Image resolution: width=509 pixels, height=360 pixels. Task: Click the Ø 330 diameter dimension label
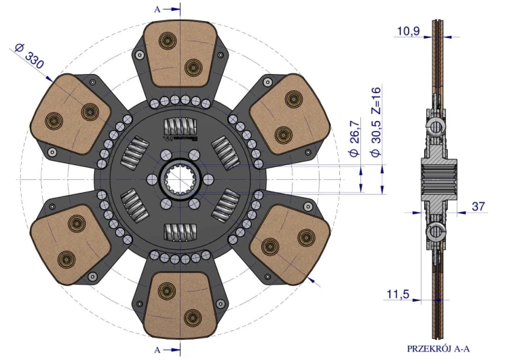(x=29, y=56)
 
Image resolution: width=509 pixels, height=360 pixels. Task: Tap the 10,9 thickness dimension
(x=409, y=31)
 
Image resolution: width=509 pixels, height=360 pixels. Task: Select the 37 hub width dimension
(x=478, y=206)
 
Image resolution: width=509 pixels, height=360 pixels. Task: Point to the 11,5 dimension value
(x=398, y=294)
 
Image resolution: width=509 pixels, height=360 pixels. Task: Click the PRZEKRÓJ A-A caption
(x=438, y=349)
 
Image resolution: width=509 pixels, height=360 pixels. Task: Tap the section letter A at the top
(x=157, y=10)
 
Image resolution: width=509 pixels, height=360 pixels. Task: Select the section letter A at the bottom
(x=157, y=350)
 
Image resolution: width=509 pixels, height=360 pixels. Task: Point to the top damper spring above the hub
(x=180, y=126)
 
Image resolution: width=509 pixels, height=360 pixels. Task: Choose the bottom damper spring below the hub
(x=180, y=232)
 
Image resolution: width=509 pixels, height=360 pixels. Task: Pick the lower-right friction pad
(x=290, y=245)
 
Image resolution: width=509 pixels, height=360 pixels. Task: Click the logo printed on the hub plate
(x=182, y=138)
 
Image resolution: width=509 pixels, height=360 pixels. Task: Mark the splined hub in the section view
(x=438, y=179)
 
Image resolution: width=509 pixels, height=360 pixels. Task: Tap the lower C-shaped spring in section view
(x=435, y=231)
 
